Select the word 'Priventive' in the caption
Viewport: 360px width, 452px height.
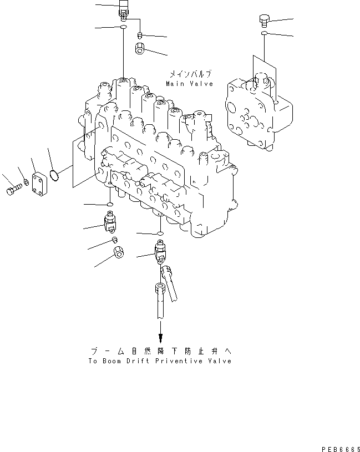tap(172, 361)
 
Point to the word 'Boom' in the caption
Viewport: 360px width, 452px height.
tap(115, 361)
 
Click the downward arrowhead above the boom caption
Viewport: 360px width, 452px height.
tap(160, 338)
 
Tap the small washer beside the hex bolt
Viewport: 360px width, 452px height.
tap(26, 182)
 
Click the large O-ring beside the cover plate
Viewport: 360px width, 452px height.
tap(54, 175)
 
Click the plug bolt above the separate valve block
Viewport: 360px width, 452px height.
tap(264, 22)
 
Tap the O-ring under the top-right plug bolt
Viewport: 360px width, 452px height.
tap(265, 34)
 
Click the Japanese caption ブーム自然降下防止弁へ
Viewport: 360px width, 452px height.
tap(160, 351)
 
